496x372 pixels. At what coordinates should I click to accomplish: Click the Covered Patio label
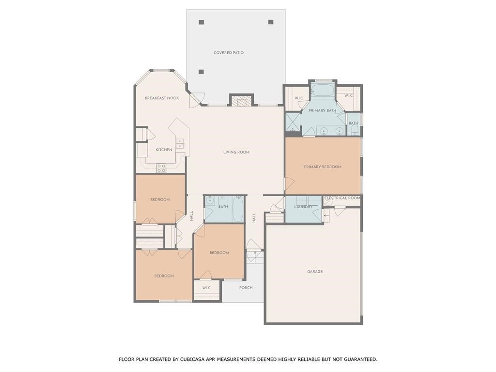pos(229,53)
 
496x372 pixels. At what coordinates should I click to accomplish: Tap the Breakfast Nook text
pos(162,98)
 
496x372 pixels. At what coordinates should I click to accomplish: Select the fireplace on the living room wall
pos(241,101)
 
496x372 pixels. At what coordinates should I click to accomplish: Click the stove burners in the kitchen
pos(161,168)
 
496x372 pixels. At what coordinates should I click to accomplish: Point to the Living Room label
pos(236,153)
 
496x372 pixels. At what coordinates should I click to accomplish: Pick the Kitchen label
pos(164,150)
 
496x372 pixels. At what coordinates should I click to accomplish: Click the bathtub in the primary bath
pos(322,90)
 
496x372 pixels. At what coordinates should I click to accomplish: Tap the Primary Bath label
pos(322,111)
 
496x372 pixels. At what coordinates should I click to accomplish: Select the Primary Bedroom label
pos(323,167)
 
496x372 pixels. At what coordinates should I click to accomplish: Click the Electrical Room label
pos(342,198)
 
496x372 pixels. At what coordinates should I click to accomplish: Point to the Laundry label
pos(303,207)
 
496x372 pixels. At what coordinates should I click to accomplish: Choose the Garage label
pos(315,272)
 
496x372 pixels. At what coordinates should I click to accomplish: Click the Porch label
pos(246,288)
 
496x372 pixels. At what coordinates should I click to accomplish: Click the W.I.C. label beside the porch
pos(207,288)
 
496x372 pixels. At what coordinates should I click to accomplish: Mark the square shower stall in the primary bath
pos(292,123)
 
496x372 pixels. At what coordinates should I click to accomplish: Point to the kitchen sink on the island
pos(180,143)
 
